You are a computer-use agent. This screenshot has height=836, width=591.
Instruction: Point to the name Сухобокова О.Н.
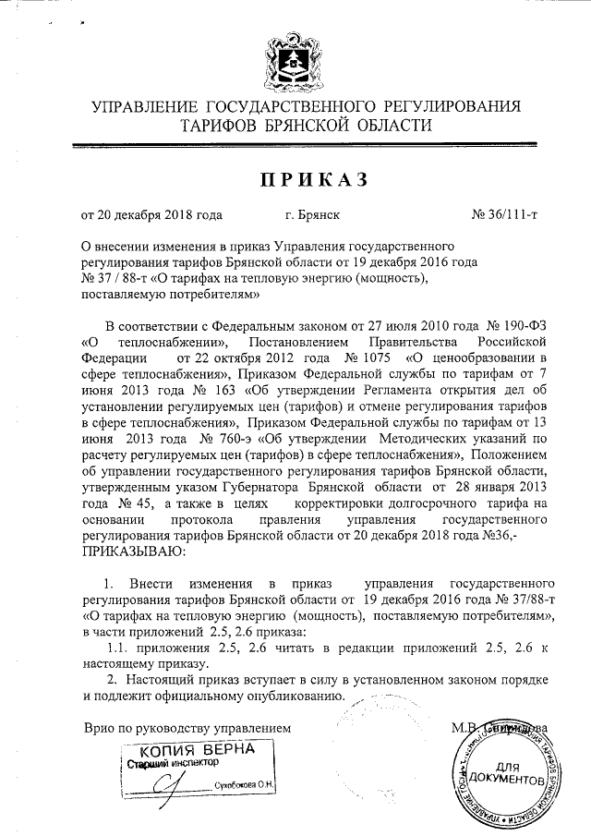[x=246, y=786]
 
